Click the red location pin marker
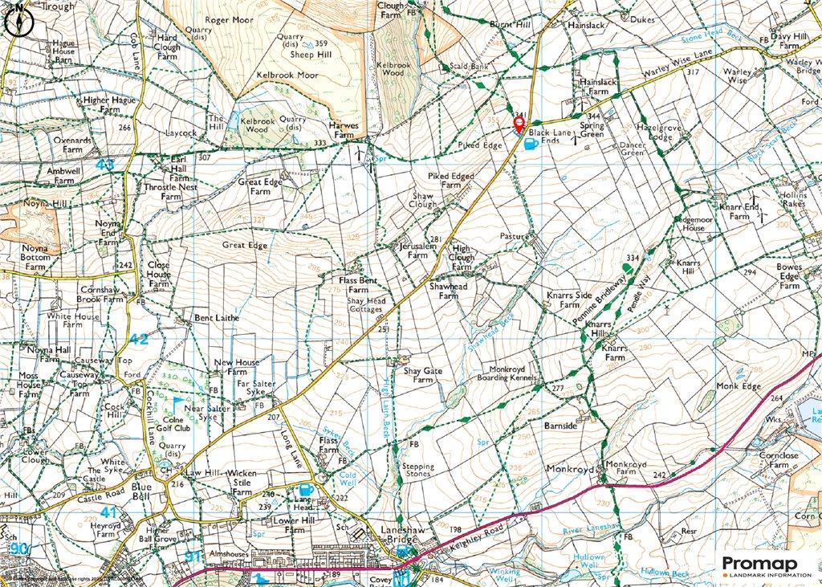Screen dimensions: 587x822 click(519, 123)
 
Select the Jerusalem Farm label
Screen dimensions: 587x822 click(414, 250)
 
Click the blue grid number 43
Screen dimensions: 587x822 click(105, 164)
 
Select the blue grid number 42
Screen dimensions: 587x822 click(139, 339)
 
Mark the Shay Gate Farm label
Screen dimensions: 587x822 click(422, 375)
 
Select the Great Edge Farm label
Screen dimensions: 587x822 click(259, 187)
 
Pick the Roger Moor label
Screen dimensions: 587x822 click(228, 20)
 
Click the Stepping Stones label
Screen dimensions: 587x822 click(417, 471)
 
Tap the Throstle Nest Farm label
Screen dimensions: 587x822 click(170, 190)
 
